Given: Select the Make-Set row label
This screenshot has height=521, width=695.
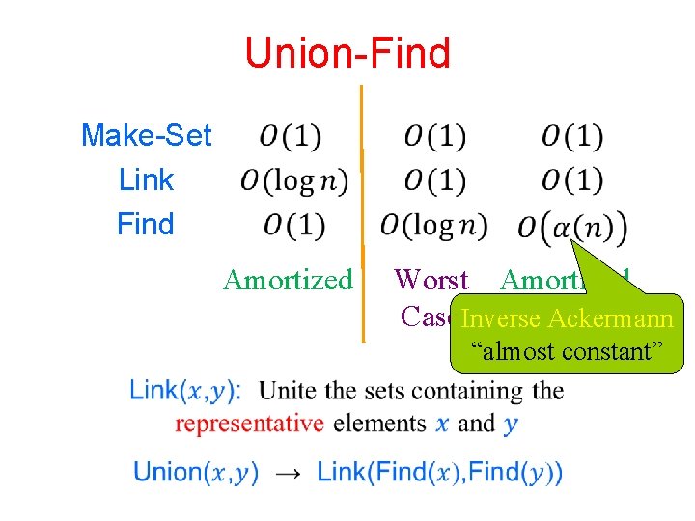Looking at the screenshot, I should [146, 135].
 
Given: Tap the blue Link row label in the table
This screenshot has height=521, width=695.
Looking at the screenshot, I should [146, 179].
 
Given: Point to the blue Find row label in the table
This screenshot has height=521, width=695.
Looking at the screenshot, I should [145, 224].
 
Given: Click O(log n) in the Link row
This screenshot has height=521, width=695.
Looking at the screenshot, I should [293, 180].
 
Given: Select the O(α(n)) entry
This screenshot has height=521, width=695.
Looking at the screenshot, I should [571, 228].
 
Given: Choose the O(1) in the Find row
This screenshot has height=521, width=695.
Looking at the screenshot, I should [292, 225].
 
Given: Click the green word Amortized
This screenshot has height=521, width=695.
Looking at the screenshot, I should [288, 280].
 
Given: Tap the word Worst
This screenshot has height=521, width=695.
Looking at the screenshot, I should [431, 280].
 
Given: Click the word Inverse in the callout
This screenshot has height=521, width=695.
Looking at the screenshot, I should [499, 318].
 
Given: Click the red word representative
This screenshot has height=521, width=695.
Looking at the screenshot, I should [249, 423].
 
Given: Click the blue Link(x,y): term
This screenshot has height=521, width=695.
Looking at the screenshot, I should [185, 391].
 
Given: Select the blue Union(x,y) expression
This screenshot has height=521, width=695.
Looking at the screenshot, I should [196, 473].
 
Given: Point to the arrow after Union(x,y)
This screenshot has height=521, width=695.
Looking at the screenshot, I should [288, 473].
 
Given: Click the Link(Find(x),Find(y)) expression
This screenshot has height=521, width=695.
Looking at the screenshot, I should [439, 473].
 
